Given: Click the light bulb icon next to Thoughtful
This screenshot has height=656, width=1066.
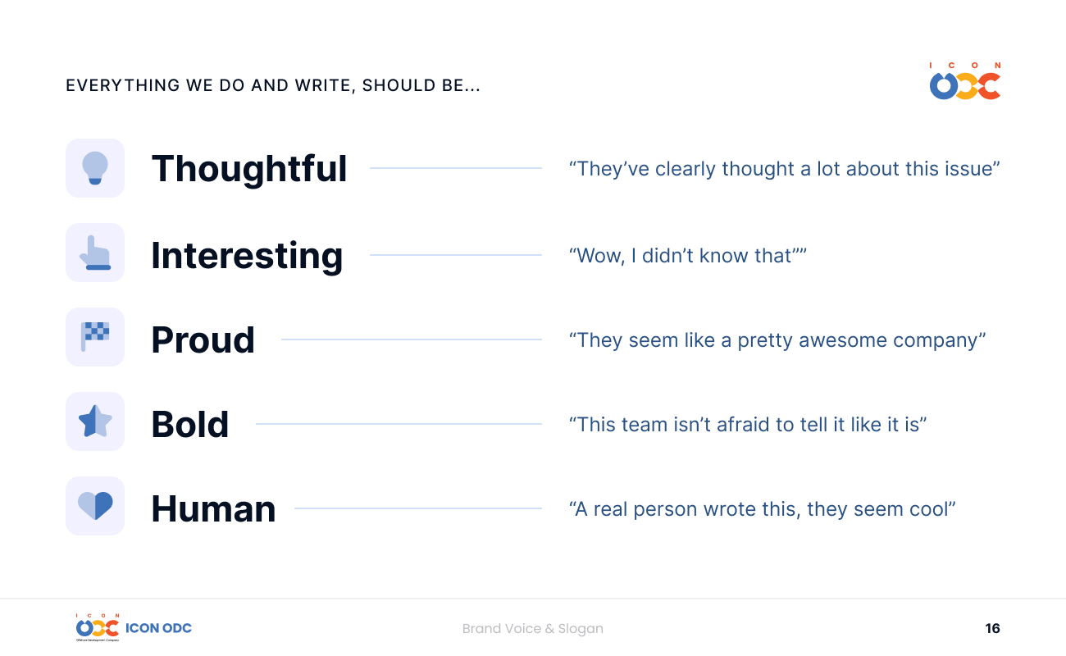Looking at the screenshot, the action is (95, 168).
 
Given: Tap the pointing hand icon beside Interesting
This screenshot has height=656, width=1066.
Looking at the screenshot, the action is (95, 253).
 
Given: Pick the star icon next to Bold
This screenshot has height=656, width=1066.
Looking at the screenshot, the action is (95, 421).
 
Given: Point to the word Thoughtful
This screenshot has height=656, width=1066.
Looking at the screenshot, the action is (249, 170).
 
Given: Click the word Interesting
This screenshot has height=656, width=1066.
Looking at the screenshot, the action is (247, 256).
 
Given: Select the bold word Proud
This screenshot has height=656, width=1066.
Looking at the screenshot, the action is (203, 340).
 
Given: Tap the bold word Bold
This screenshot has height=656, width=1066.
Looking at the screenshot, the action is (190, 424).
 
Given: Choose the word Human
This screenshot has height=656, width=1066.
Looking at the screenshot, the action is (213, 509).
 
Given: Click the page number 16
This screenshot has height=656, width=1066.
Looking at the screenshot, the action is (992, 628).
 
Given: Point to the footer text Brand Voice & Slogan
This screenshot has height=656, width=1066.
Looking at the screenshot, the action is (532, 629).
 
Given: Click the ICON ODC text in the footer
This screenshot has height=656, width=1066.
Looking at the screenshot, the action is (158, 628).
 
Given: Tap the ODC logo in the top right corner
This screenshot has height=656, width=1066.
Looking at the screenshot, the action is (965, 81).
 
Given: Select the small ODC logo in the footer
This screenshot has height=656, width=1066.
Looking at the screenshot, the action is (98, 627).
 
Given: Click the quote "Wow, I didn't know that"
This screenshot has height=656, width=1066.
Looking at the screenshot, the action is (688, 256).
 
